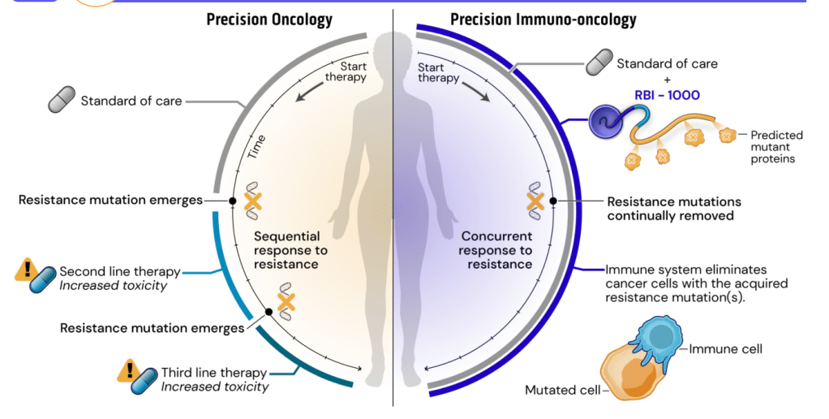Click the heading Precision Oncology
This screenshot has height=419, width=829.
point(269,19)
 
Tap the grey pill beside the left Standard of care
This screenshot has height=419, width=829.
point(61,101)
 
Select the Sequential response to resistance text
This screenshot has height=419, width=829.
point(288,250)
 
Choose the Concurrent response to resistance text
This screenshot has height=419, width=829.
point(496,250)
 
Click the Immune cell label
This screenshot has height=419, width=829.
point(725,349)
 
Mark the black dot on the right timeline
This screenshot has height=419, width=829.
point(553,200)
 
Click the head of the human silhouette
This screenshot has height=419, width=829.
point(393,49)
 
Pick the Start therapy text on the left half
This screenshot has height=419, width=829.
point(346,71)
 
